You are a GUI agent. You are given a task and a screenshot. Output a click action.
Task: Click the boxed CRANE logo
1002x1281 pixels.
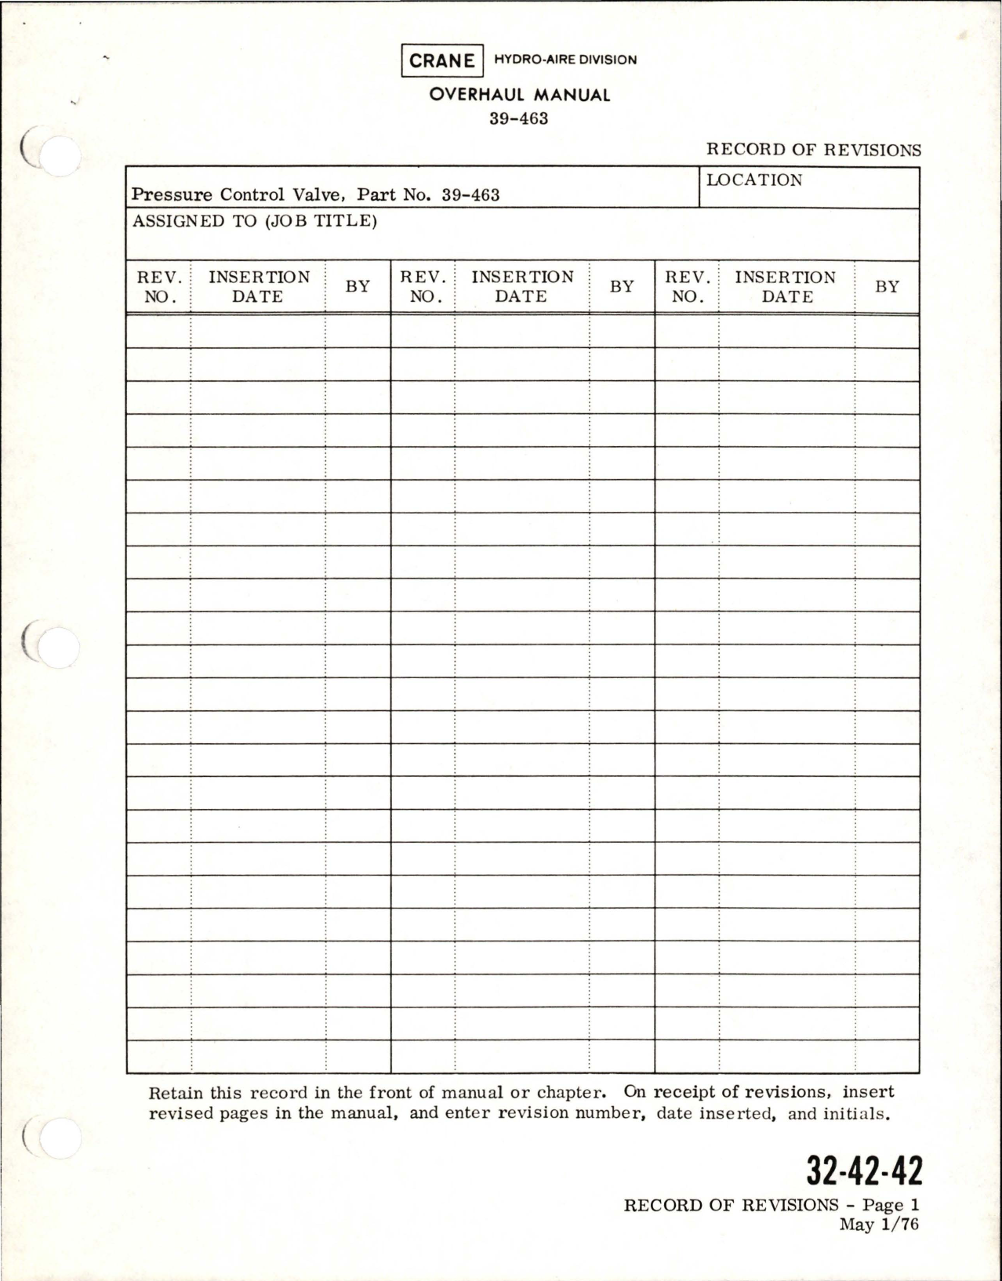(x=441, y=61)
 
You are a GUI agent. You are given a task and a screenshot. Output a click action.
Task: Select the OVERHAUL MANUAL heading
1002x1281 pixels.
(x=519, y=95)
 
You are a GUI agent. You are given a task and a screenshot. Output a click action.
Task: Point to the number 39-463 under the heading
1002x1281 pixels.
(x=518, y=119)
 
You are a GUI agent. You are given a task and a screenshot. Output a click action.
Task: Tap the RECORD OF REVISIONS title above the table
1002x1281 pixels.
(x=813, y=150)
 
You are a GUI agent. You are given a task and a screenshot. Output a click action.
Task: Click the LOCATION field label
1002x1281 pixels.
(x=754, y=180)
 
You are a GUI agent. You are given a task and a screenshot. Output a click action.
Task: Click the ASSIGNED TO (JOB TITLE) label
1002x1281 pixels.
(x=255, y=221)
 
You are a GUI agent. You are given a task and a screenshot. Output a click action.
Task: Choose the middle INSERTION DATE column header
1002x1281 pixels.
(x=521, y=287)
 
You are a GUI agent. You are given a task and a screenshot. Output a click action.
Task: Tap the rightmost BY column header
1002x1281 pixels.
(x=887, y=287)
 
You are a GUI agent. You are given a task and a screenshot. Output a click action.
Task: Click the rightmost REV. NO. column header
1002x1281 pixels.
(x=687, y=287)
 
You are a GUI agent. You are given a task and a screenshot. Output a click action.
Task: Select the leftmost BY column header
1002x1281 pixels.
(x=358, y=287)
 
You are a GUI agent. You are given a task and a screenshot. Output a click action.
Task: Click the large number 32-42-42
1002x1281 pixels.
(x=863, y=1172)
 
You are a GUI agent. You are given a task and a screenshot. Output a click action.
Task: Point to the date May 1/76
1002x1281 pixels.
(x=878, y=1225)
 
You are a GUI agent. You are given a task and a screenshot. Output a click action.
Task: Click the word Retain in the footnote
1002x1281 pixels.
(x=174, y=1092)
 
